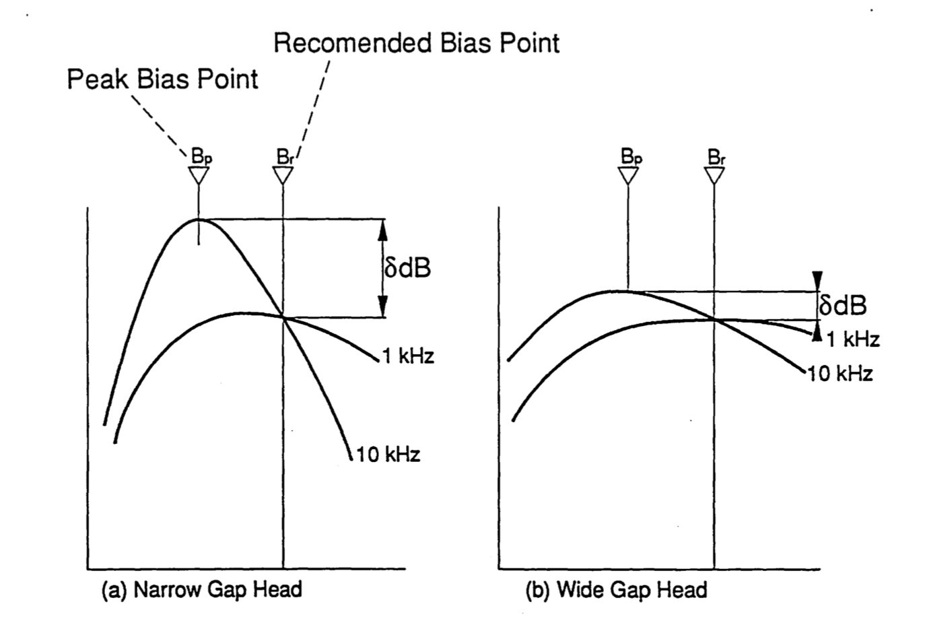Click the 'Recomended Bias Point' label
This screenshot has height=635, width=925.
416,43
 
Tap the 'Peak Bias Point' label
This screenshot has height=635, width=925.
162,79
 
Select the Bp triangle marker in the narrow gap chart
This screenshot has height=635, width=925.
199,176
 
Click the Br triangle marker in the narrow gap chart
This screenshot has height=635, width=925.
283,176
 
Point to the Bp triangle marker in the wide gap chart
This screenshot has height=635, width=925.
628,176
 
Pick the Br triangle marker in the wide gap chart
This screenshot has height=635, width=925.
714,176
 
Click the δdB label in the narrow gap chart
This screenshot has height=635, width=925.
407,268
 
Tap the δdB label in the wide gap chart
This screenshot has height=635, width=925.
843,306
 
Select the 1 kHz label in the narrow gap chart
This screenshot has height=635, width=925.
408,356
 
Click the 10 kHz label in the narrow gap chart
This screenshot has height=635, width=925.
388,455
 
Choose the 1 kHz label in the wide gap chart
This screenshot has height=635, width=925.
853,340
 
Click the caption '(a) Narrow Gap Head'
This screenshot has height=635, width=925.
201,591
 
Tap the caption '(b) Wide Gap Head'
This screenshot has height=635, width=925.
616,591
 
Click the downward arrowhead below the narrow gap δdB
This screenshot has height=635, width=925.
382,308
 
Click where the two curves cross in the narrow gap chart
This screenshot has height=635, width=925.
283,317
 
